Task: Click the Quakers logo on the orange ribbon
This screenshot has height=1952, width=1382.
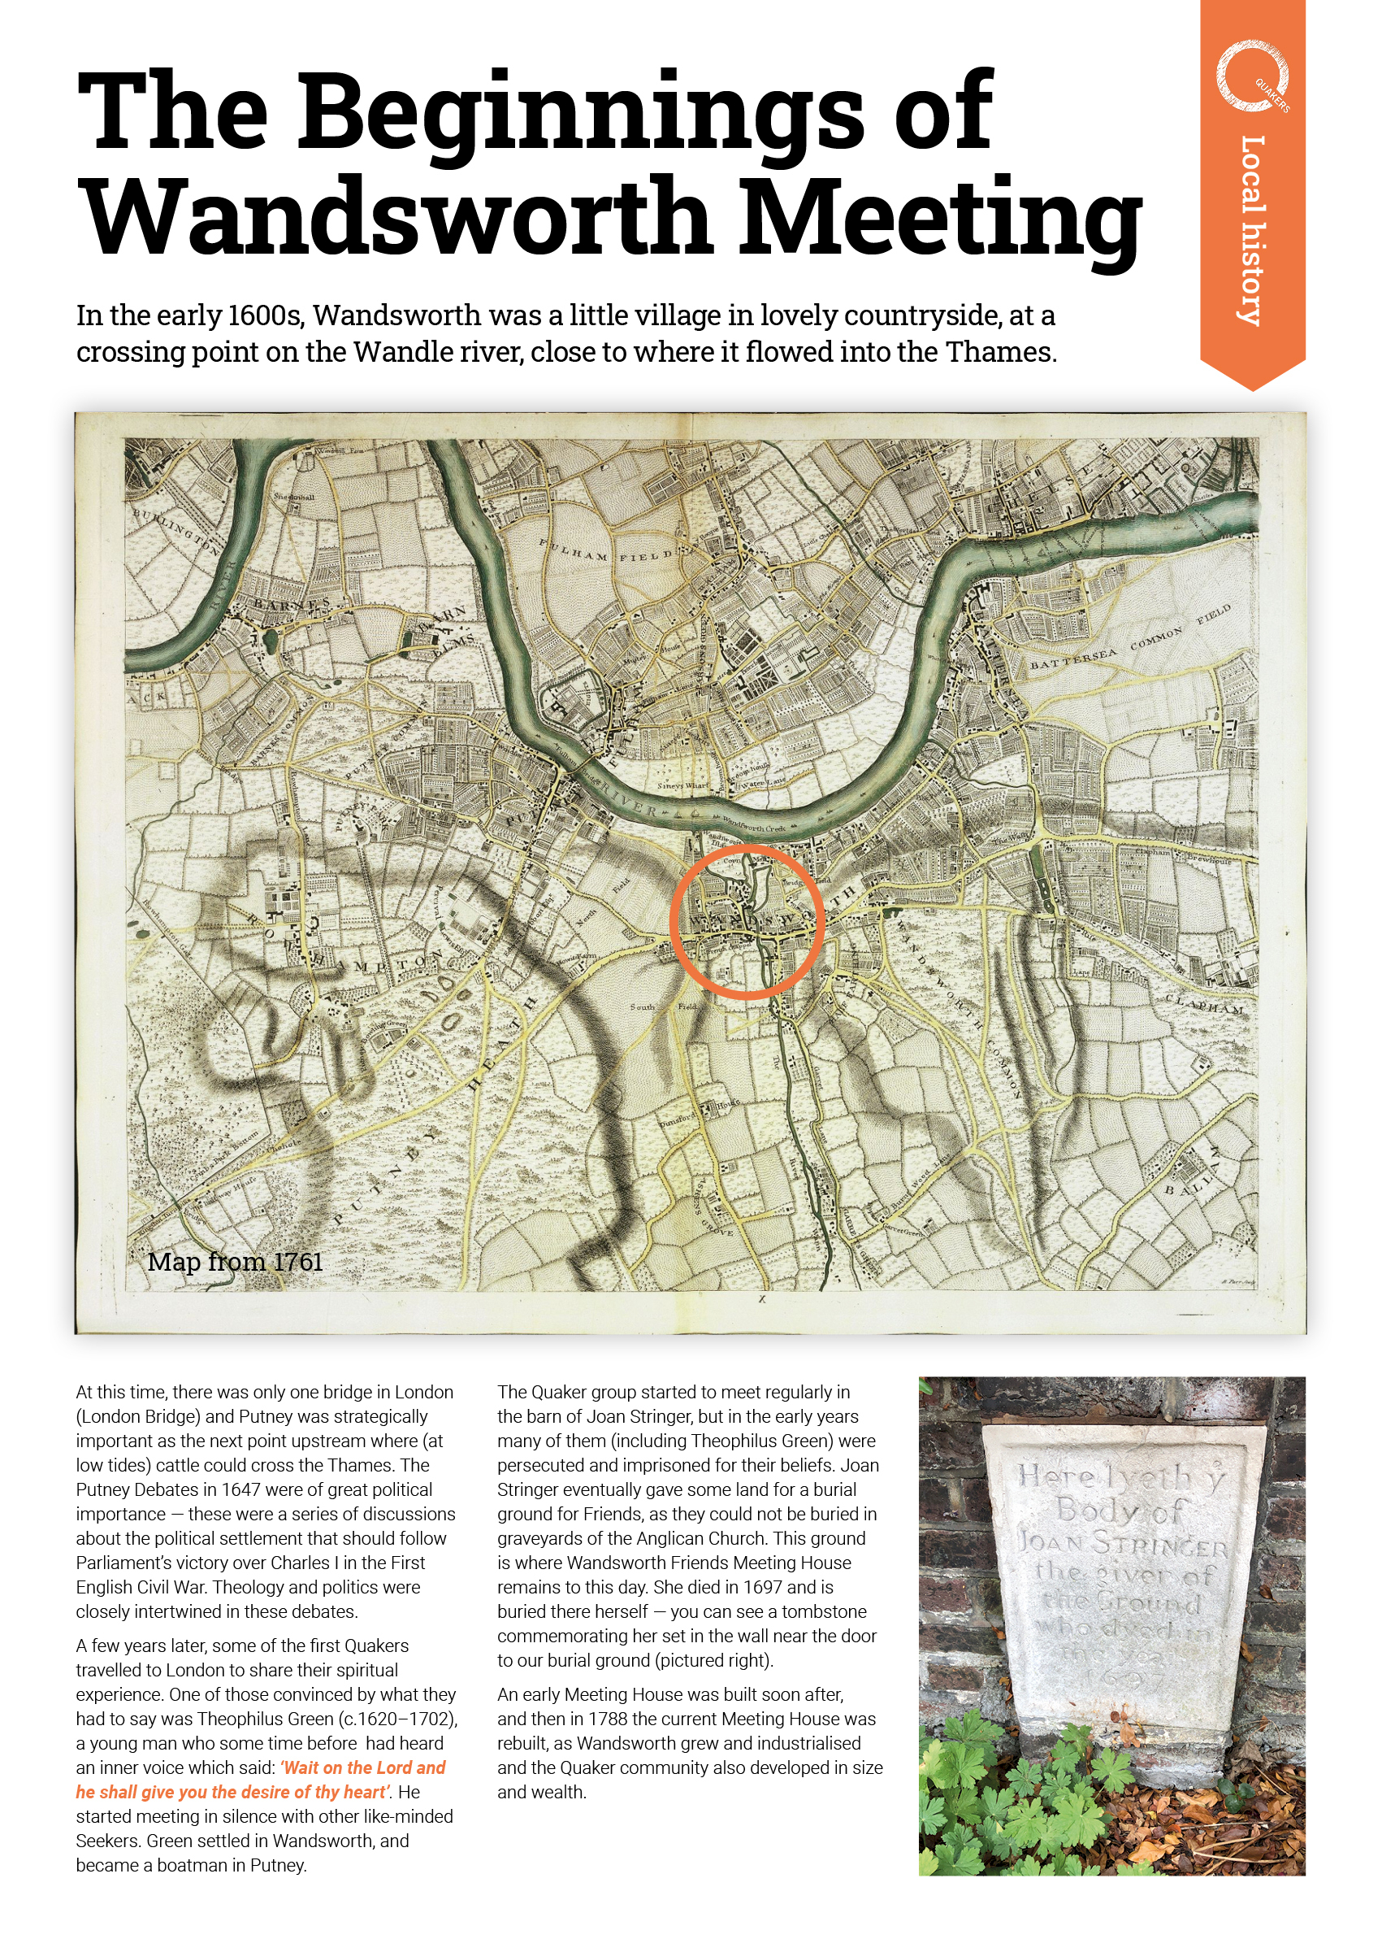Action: click(1252, 77)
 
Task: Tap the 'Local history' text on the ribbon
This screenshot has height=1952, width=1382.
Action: click(1252, 230)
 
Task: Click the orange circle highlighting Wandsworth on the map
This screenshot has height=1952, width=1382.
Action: click(747, 922)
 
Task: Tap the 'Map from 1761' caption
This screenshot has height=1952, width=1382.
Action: click(235, 1262)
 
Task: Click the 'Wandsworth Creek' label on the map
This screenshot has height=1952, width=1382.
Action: click(754, 825)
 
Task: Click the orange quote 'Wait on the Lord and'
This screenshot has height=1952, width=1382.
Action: click(364, 1768)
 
